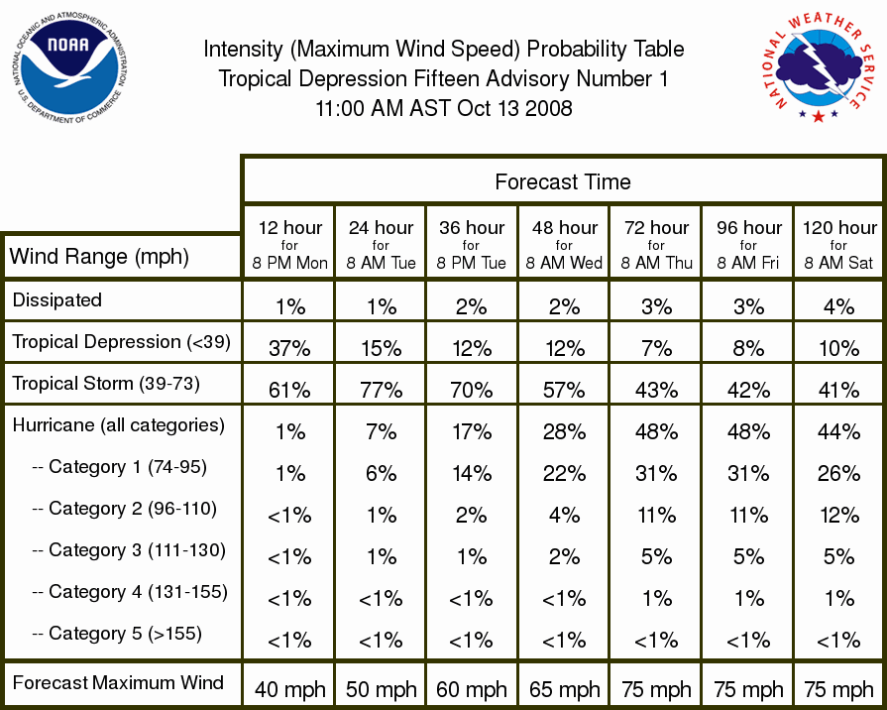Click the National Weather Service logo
click(818, 67)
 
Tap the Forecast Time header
click(562, 181)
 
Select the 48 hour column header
click(564, 245)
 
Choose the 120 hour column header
click(839, 245)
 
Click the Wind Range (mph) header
click(99, 257)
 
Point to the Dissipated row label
click(57, 299)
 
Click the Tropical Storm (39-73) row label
click(106, 384)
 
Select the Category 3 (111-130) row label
click(129, 550)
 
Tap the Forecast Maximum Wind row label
click(118, 683)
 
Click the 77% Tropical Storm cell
click(382, 390)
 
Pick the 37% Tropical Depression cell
click(289, 348)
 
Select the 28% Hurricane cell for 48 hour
click(564, 432)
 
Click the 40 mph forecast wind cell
click(290, 689)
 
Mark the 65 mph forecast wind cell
click(565, 689)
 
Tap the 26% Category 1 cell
click(838, 473)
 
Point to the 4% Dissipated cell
click(838, 306)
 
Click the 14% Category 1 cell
click(472, 473)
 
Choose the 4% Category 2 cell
click(564, 516)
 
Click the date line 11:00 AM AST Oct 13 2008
click(444, 108)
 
